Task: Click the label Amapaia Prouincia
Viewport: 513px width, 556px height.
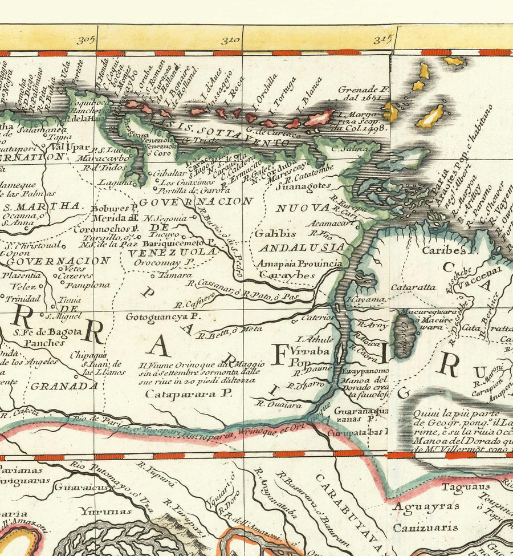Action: coord(299,263)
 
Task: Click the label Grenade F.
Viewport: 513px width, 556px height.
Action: coord(363,89)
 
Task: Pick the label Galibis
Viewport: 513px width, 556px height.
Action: coord(275,233)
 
